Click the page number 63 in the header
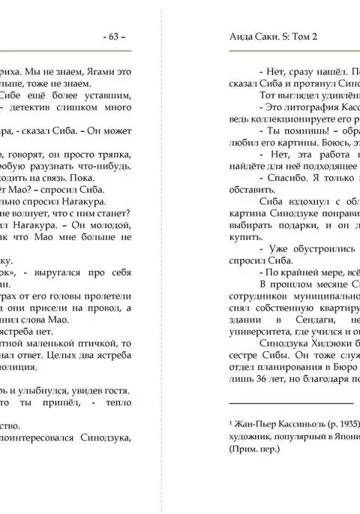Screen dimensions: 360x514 tap(114, 36)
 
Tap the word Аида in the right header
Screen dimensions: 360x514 tap(239, 36)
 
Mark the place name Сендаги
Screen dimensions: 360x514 tap(295, 320)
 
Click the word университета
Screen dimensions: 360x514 tap(256, 331)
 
